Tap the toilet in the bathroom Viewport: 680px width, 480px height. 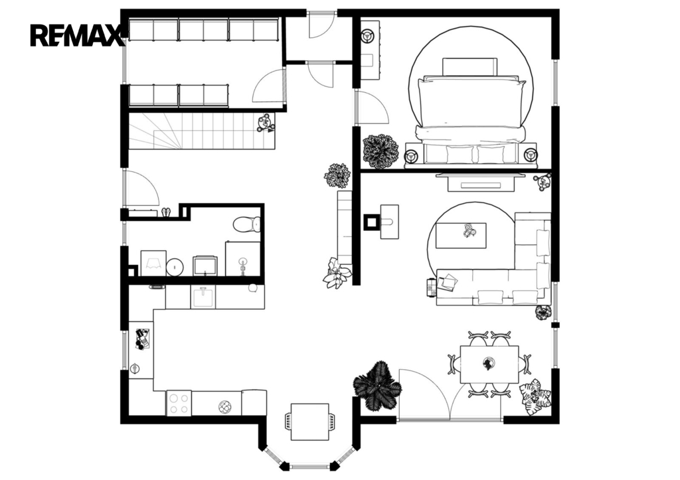247,224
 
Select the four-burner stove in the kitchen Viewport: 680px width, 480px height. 179,403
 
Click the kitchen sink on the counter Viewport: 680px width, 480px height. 203,297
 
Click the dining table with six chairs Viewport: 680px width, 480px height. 489,364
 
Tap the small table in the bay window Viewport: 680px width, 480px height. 309,422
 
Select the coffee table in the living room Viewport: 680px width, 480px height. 461,236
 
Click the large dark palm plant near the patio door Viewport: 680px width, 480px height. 377,386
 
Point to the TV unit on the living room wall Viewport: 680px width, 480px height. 481,181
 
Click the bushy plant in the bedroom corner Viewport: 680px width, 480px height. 381,151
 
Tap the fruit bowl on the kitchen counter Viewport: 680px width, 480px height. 225,407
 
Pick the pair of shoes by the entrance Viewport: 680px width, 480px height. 166,212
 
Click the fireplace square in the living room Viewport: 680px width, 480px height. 371,222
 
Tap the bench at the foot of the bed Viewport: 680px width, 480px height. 471,155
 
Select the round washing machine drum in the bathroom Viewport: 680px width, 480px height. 175,267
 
